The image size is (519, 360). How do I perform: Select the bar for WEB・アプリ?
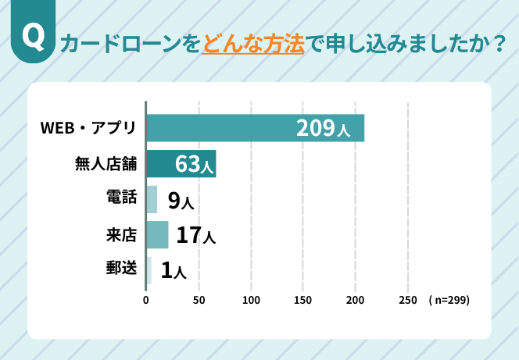pos(234,128)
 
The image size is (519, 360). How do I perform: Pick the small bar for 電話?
pos(152,199)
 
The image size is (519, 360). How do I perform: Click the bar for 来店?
pos(157,234)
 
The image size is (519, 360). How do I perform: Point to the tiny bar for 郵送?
pos(149,270)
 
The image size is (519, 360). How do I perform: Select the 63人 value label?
pos(194,165)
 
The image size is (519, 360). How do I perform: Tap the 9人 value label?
pos(181,200)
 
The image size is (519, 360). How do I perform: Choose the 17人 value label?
pos(195,235)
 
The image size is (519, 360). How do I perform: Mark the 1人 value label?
pos(174,271)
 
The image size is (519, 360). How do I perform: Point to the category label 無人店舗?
pos(105,164)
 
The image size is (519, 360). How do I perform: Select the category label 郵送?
pos(121,270)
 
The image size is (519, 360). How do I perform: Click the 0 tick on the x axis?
pos(146,300)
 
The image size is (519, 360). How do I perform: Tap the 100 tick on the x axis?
pos(251,300)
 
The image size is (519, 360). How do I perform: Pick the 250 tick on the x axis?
pos(407,300)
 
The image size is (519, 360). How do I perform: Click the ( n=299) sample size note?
pos(449,300)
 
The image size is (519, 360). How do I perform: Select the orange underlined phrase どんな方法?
pos(252,42)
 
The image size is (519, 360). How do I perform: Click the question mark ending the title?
pos(498,42)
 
